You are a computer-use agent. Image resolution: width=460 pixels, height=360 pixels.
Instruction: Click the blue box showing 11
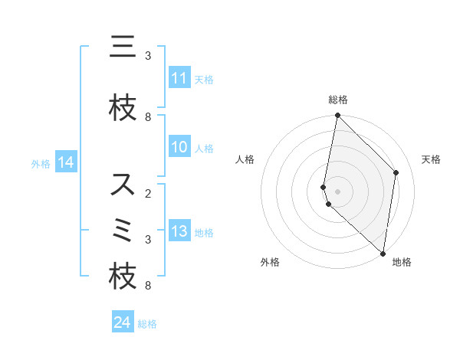coord(179,78)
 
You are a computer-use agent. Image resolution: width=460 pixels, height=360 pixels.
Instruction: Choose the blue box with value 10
coord(179,148)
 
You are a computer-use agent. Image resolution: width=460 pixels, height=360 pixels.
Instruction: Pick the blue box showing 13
coord(179,231)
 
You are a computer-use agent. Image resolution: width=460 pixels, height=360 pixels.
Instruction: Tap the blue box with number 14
coord(66,162)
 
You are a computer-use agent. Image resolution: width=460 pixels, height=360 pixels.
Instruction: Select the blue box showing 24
coord(123,322)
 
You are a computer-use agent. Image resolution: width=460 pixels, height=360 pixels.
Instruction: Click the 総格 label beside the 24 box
coord(147,323)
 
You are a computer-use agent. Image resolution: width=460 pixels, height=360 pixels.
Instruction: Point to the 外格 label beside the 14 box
coord(41,163)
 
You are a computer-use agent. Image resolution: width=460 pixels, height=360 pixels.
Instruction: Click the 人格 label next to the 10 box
coord(204,149)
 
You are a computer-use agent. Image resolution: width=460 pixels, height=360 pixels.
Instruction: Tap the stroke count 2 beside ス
coord(148,194)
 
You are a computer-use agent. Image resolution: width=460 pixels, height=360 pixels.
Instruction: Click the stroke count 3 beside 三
coord(148,56)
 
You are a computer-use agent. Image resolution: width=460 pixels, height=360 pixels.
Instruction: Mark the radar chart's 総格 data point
coord(337,116)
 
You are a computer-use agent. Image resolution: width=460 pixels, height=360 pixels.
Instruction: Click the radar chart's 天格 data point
coord(396,172)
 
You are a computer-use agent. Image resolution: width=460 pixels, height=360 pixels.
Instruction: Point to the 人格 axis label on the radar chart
coord(245,159)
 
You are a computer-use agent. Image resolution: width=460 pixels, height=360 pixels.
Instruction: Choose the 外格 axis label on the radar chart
coord(270,262)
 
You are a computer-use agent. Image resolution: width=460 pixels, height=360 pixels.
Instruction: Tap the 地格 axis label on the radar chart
coord(402,262)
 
